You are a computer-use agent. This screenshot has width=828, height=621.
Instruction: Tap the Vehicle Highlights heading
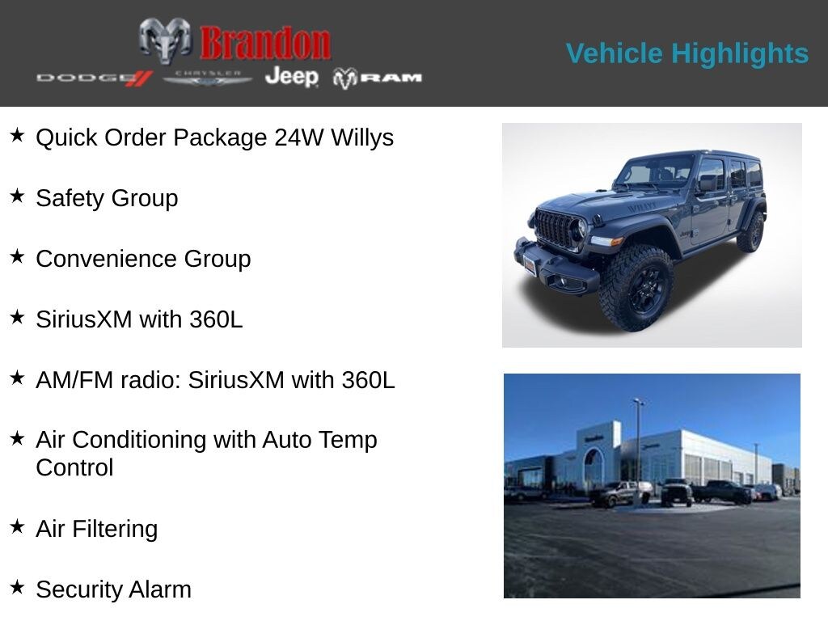(686, 53)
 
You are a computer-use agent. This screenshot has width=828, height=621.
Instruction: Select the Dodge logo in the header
(94, 78)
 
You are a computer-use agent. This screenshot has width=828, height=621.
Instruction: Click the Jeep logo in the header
(291, 76)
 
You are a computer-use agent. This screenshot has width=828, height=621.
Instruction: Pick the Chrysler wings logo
(207, 78)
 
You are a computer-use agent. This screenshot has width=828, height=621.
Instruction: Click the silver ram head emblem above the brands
(165, 40)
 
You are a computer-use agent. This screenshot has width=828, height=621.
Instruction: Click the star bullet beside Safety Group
(17, 196)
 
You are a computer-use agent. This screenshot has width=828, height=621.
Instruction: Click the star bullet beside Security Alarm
(17, 587)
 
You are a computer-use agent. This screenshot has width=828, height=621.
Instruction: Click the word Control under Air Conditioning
(74, 467)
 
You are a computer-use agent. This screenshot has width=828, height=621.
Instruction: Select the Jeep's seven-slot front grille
(556, 228)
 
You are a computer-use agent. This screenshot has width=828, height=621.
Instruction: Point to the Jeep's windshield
(657, 171)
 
